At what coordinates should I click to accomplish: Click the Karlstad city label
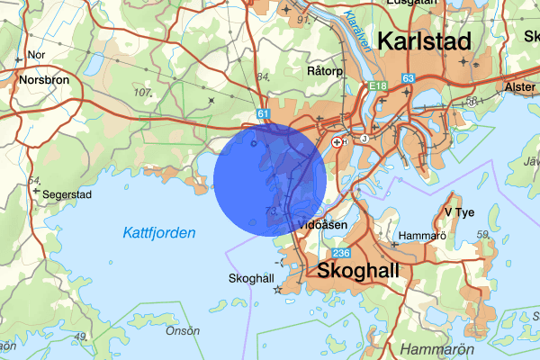(425, 41)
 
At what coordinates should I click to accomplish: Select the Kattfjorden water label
(159, 233)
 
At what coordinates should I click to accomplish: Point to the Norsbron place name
(43, 79)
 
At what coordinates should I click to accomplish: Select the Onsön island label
(183, 330)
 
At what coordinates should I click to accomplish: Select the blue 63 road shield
(409, 79)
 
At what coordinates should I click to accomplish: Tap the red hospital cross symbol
(337, 141)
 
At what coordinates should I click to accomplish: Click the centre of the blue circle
(270, 180)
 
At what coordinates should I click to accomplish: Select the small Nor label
(37, 55)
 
